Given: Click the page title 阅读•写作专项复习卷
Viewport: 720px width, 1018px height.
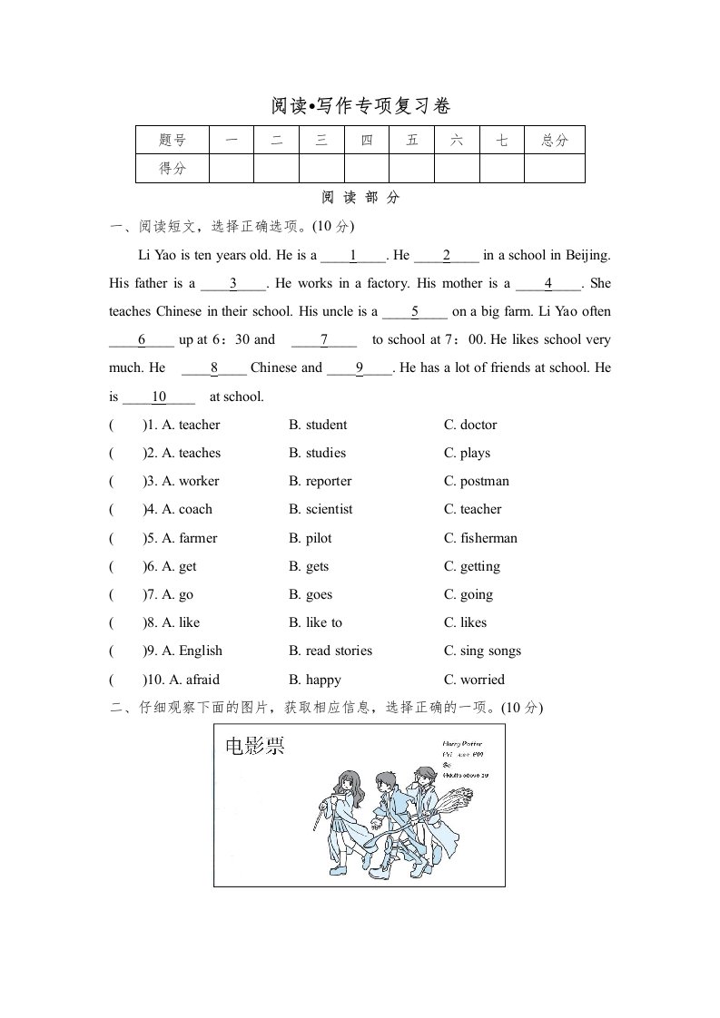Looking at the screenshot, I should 360,106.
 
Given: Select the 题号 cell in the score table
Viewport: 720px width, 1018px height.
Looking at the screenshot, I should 172,140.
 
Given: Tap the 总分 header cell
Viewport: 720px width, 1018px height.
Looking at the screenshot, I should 554,140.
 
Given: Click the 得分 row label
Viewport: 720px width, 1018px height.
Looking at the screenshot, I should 172,168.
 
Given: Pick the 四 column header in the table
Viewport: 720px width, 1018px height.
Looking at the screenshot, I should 367,140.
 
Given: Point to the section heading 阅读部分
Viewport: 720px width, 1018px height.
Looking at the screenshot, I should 360,198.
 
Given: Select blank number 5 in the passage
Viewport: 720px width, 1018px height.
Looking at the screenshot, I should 415,312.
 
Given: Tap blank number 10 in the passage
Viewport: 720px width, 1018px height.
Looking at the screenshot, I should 159,396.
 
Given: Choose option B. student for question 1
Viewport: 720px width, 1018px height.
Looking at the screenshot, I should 318,425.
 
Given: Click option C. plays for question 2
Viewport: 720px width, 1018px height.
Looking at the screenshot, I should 467,453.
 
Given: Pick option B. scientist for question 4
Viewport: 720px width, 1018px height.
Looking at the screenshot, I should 321,509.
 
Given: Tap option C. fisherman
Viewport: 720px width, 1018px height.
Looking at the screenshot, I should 480,538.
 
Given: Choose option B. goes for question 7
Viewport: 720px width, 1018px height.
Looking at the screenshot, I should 311,594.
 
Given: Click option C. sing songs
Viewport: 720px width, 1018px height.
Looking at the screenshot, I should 482,651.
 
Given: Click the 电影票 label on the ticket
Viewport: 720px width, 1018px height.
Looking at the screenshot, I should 255,747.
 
